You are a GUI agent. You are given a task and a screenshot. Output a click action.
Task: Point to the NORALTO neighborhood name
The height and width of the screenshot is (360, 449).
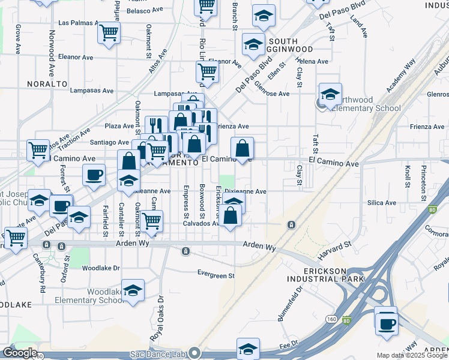[47, 83]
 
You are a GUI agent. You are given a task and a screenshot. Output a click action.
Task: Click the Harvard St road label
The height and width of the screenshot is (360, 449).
[334, 250]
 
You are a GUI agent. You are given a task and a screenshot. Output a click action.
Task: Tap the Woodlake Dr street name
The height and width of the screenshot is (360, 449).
[101, 268]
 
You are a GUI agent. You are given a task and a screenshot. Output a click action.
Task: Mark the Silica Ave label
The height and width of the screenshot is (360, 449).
[382, 203]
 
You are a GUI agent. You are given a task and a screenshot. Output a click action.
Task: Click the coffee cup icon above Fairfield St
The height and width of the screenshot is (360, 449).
[94, 175]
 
